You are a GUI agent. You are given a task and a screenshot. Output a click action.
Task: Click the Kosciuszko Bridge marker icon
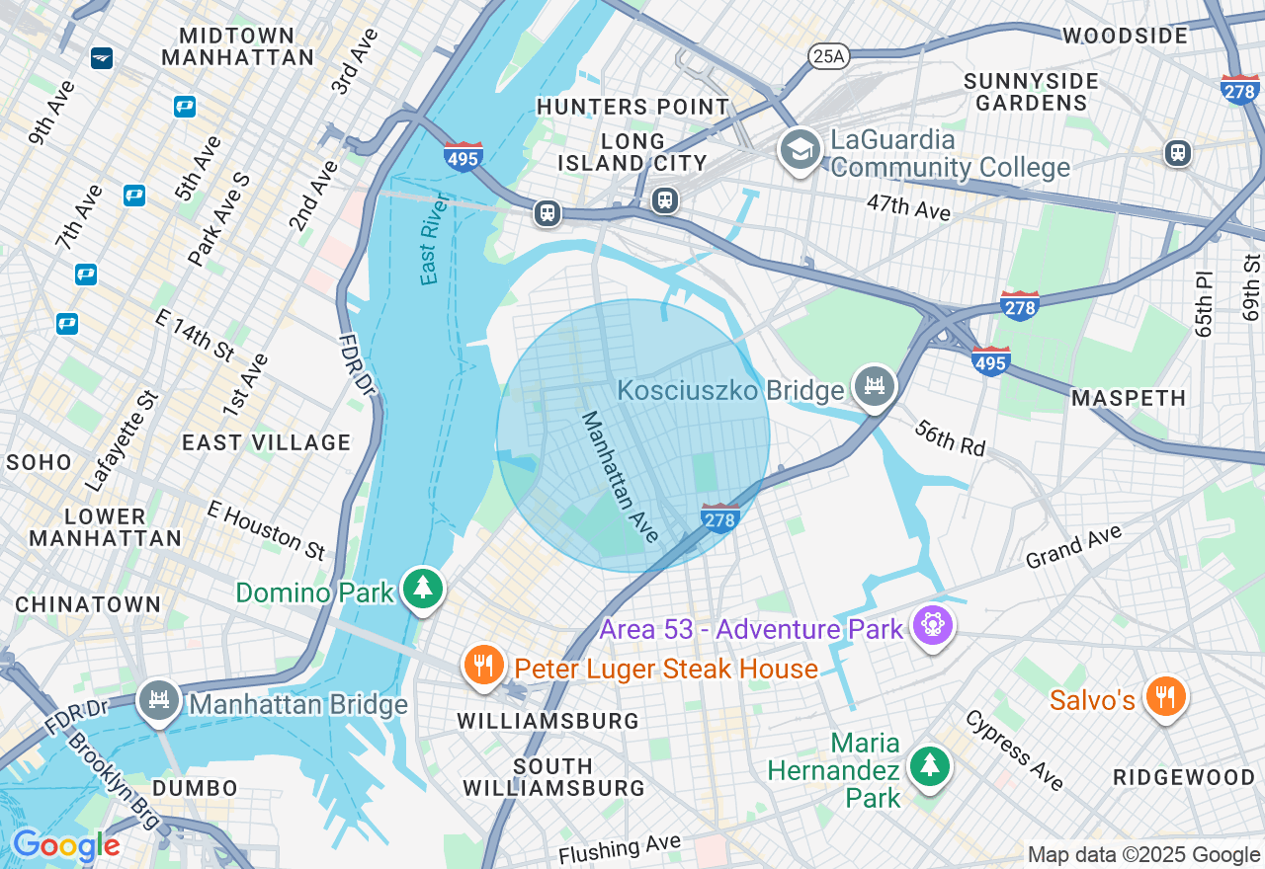coord(874,386)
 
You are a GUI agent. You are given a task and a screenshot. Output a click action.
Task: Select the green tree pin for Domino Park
coord(423,589)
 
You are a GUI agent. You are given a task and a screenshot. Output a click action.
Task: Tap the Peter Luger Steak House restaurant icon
coord(483,666)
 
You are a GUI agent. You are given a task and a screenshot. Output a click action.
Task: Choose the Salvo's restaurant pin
coord(1166,697)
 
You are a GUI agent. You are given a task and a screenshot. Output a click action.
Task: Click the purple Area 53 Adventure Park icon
coord(932,625)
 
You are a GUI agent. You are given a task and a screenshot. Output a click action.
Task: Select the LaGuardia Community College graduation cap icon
coord(799,150)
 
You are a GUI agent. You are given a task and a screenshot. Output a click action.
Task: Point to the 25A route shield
coord(827,56)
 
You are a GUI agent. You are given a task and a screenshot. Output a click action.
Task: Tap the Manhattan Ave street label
coord(620,477)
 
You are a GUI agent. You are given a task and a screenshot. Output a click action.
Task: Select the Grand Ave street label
coord(1074,546)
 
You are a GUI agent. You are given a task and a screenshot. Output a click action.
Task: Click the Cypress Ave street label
coord(1015,750)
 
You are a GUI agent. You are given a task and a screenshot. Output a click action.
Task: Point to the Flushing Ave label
coord(620,847)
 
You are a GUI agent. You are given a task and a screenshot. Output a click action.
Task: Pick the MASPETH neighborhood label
coord(1129,398)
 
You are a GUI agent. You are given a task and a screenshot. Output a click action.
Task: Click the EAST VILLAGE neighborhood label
coord(266,442)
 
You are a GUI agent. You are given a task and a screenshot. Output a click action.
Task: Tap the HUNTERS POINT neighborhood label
coord(632,106)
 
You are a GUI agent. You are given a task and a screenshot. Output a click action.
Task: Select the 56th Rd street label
coord(950,437)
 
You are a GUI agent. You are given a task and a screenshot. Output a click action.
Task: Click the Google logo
coord(65,845)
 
